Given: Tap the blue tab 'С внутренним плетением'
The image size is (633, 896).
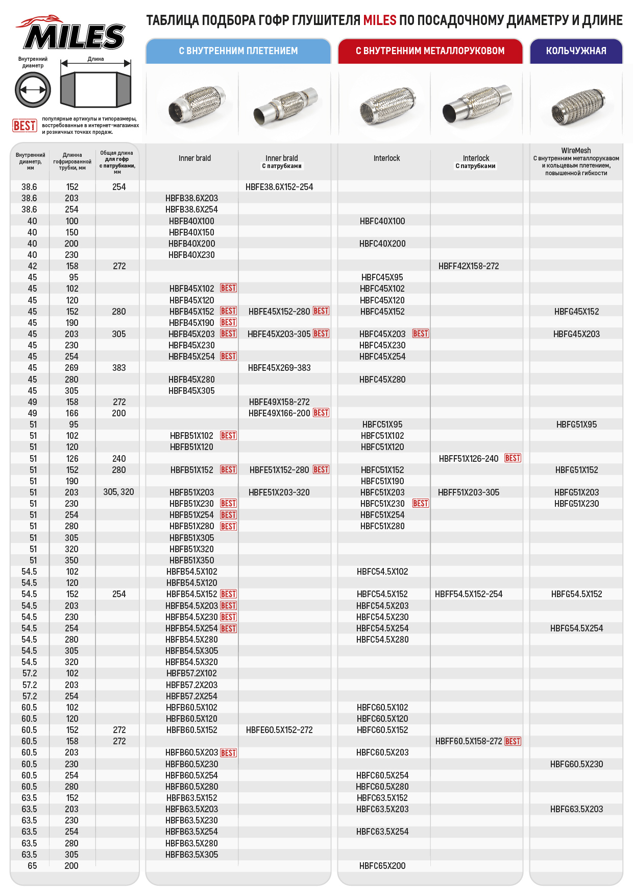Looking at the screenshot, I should tap(238, 51).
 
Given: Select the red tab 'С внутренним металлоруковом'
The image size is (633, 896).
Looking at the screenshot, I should tap(430, 51).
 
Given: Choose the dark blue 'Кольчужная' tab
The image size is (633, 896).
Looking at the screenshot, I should tap(576, 51).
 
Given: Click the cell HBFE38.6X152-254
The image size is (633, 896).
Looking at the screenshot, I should tap(279, 187).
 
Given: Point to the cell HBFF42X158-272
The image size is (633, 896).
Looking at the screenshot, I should tap(469, 266).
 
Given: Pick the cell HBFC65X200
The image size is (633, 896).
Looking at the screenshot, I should tap(382, 866).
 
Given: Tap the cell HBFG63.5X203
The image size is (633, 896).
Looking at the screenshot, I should tap(576, 809).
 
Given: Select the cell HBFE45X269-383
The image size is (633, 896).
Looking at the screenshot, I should tap(279, 368).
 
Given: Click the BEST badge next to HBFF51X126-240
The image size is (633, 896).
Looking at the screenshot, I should tap(513, 458).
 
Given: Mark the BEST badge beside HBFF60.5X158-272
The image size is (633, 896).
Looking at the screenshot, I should tap(513, 741).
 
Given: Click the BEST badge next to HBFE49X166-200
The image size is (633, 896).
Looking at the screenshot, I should tap(321, 413).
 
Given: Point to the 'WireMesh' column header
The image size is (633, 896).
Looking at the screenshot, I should tap(576, 151).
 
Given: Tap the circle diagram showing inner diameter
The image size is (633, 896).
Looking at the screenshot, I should tap(33, 89).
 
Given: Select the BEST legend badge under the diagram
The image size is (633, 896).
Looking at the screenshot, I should tap(25, 125).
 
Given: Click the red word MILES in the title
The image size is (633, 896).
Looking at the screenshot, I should tap(380, 20).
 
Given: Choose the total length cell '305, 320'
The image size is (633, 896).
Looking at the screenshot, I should tap(118, 492).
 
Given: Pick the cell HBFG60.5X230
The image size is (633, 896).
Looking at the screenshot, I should tap(576, 764).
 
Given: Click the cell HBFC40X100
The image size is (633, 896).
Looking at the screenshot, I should tap(382, 221).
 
